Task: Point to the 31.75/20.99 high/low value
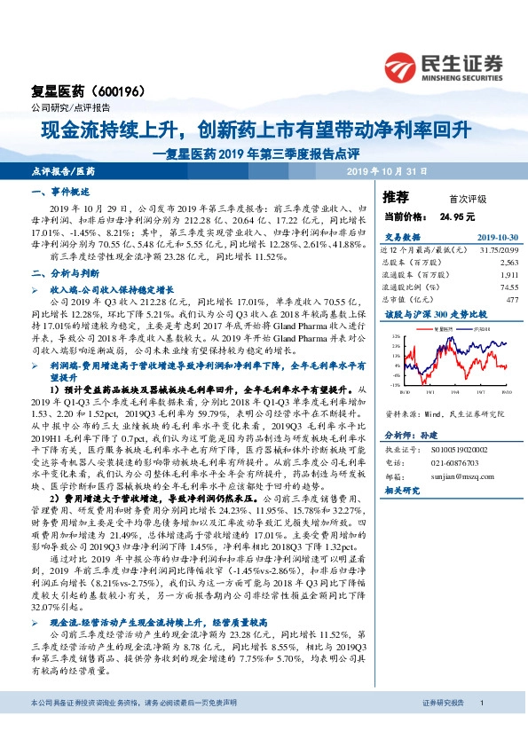[500, 250]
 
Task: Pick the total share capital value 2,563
[508, 263]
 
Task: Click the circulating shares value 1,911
[508, 275]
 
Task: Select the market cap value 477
[512, 300]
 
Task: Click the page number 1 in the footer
[480, 727]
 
